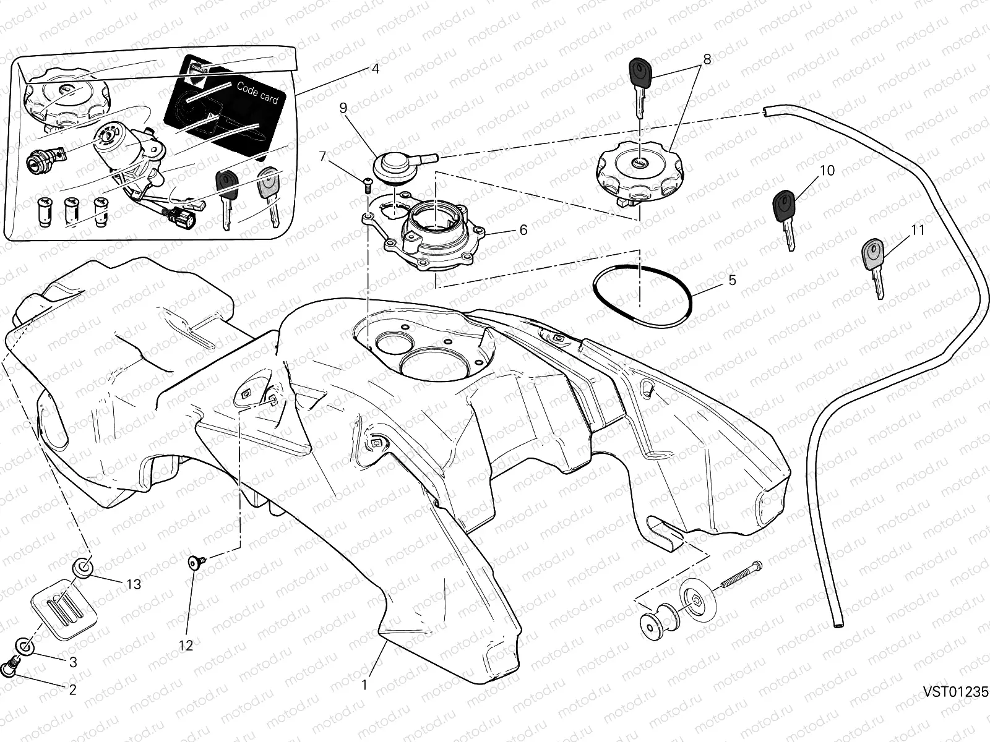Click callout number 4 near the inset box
[374, 69]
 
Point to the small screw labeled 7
[366, 182]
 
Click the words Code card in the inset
[257, 93]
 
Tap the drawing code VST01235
[956, 692]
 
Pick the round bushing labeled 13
[83, 566]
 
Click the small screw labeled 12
[196, 562]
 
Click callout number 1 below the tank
[365, 685]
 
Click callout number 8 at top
[707, 59]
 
